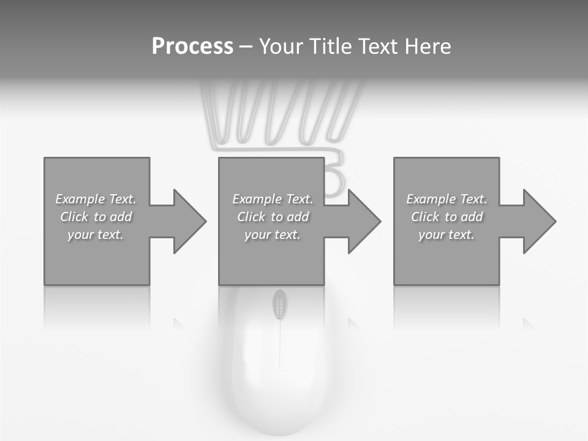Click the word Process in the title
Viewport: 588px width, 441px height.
coord(192,47)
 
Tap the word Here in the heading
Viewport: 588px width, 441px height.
coord(428,47)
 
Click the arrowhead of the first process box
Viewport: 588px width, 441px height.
coord(190,221)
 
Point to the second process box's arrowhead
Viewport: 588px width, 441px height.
coord(364,221)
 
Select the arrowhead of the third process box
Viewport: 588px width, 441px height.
coord(540,221)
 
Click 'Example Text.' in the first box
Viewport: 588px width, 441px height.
coord(96,199)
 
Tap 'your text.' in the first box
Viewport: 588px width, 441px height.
coord(96,235)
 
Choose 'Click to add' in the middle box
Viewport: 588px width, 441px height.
coord(273,217)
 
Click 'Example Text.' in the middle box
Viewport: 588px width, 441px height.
coord(273,199)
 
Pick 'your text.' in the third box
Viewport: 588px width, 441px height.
coord(447,235)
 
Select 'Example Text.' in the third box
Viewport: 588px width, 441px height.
coord(447,199)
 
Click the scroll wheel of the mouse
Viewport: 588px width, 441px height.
coord(280,304)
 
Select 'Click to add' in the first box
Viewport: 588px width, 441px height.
coord(96,217)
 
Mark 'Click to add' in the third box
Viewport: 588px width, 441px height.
coord(447,217)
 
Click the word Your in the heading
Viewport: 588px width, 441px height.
coord(280,47)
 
